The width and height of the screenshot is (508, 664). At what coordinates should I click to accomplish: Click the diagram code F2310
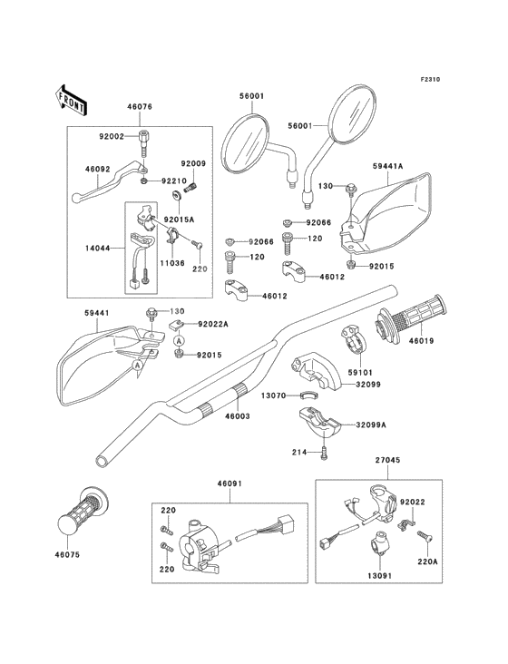point(430,79)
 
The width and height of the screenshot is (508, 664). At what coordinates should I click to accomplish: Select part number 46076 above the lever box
point(140,107)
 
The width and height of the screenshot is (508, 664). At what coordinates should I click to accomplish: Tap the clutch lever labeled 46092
point(108,181)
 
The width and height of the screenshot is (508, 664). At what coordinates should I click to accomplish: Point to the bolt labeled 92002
point(142,144)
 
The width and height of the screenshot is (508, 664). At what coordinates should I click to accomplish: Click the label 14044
point(98,248)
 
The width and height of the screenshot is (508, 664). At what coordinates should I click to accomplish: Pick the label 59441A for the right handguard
point(387,166)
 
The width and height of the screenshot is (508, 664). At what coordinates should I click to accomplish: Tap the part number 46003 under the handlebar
point(238,416)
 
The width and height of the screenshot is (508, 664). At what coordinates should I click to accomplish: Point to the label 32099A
point(371,425)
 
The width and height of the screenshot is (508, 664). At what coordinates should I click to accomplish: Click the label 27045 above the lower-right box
point(387,460)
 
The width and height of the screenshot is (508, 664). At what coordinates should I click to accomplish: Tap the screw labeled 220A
point(425,536)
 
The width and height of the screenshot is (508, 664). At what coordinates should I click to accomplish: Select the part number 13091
point(378,576)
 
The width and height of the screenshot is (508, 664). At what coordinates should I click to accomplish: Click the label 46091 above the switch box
point(230,483)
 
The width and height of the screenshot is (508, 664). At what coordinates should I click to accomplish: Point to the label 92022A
point(213,325)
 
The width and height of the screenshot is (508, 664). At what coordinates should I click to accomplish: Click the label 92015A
point(179,220)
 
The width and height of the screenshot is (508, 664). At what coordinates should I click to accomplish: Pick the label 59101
point(360,373)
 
